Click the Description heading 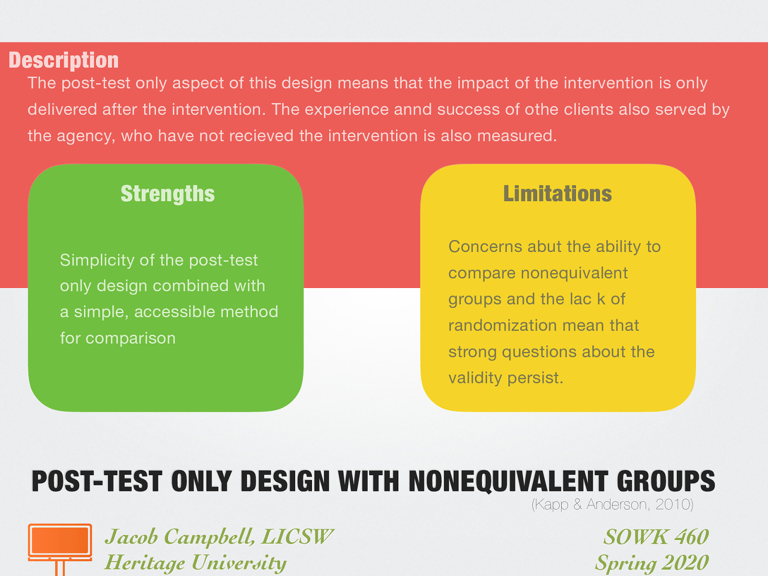63,60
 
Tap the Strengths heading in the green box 168,194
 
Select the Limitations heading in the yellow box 557,194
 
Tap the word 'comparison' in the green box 131,338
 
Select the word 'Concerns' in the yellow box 485,247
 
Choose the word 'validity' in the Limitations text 475,378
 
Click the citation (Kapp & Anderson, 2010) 612,504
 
